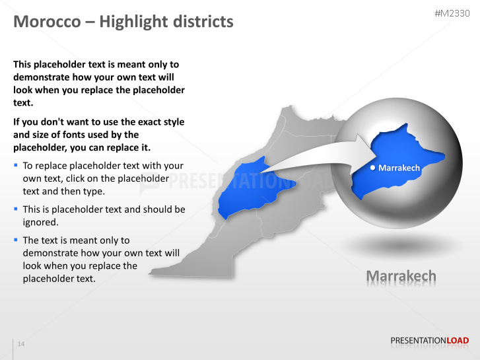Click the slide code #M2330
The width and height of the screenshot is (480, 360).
pos(452,14)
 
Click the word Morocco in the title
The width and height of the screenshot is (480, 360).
pos(44,22)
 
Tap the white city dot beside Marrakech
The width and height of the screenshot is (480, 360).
pos(373,168)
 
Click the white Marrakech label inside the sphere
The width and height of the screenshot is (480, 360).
pos(399,168)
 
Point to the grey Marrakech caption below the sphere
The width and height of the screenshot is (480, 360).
pos(401,275)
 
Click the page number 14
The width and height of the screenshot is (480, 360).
pos(21,344)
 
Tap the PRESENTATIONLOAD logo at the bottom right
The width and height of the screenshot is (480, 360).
pos(429,341)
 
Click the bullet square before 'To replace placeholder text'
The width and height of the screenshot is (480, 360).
pos(16,164)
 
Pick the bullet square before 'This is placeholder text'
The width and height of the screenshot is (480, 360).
pos(16,208)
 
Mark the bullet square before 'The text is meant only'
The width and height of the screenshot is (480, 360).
pos(16,239)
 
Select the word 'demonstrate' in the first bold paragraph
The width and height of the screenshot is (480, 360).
pos(41,77)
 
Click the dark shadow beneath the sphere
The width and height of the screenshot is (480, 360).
pos(401,246)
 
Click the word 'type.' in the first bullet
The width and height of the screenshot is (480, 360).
pos(93,191)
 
